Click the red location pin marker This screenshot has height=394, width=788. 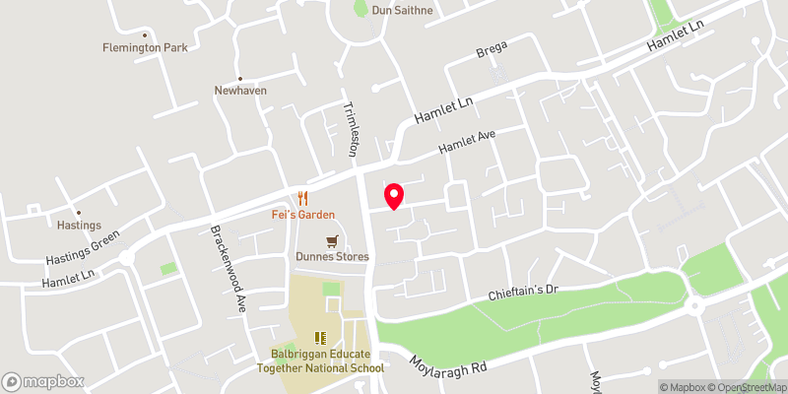[394, 196]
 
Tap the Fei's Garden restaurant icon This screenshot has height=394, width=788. [303, 198]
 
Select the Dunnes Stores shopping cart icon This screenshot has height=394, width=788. [332, 240]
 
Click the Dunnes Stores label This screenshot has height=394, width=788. [332, 257]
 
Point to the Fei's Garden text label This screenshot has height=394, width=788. [303, 215]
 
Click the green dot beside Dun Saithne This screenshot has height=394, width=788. [361, 11]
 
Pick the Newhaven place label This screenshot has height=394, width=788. [241, 91]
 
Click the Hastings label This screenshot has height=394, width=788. [81, 226]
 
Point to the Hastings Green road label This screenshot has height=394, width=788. [83, 250]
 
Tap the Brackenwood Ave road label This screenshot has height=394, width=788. [227, 270]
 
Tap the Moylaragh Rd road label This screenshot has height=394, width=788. [450, 360]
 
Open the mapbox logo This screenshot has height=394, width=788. [43, 381]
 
